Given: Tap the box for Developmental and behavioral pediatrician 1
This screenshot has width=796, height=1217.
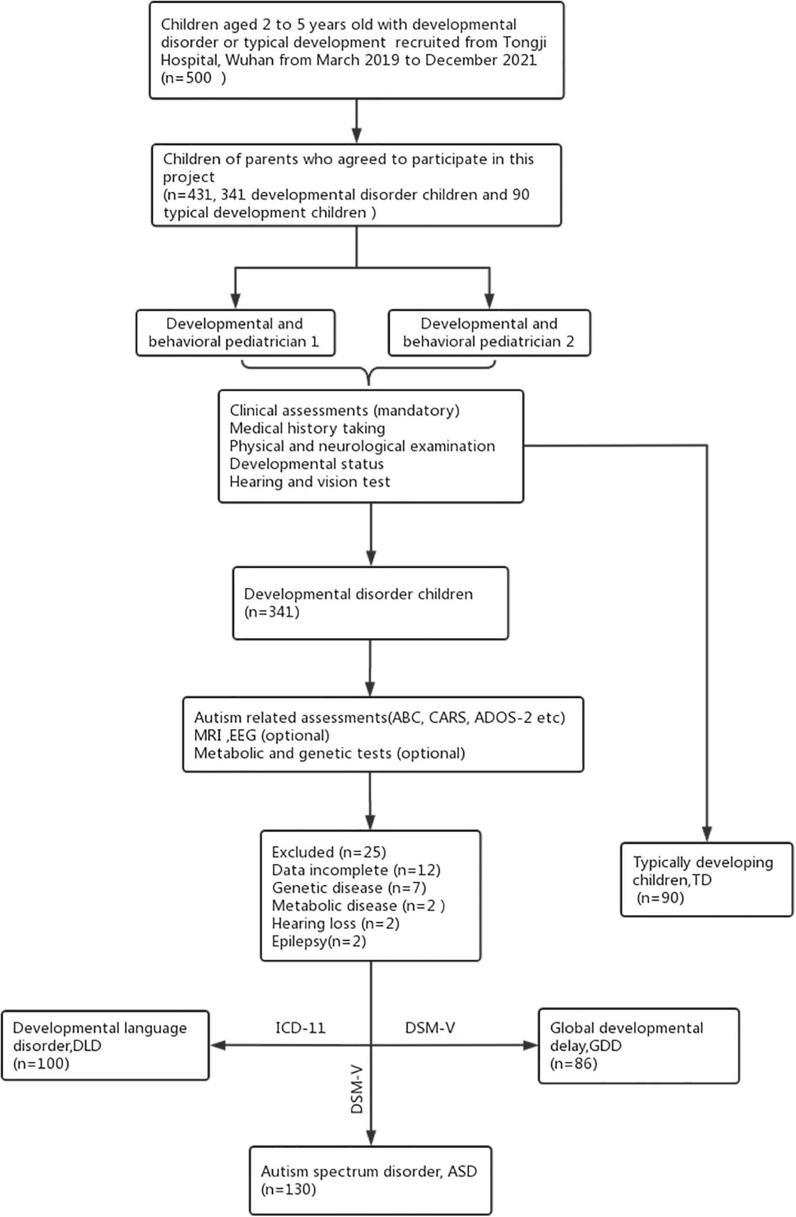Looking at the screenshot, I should tap(235, 333).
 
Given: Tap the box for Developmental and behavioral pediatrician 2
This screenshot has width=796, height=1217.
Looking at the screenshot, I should tap(489, 333).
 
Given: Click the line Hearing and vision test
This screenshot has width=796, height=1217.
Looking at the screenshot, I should tap(310, 482).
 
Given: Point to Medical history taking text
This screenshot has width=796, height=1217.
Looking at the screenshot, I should tap(307, 428).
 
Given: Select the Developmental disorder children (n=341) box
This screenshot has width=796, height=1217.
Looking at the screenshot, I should tap(370, 603).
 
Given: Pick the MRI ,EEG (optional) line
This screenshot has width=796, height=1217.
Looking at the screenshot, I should tap(262, 735).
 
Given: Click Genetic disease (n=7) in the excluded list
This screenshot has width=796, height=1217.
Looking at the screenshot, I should tap(349, 888).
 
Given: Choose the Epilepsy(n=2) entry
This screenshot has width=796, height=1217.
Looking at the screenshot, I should tap(318, 941).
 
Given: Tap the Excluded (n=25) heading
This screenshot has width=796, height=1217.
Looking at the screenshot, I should tap(328, 852).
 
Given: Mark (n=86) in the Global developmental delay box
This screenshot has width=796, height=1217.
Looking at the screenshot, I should tap(574, 1064).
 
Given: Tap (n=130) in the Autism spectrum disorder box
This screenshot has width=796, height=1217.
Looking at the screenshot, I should tap(288, 1190).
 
